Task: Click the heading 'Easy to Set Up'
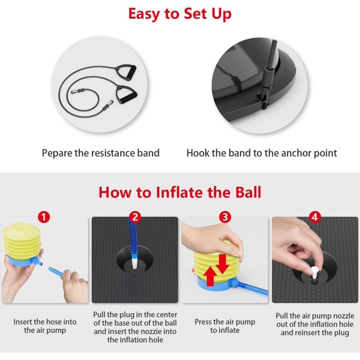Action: (x=179, y=13)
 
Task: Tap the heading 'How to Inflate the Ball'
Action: (x=179, y=191)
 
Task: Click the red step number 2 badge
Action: (x=134, y=218)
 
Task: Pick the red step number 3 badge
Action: (x=224, y=218)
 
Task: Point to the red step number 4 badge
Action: (x=314, y=218)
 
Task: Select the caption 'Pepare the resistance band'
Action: (x=101, y=152)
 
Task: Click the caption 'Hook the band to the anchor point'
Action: (x=261, y=152)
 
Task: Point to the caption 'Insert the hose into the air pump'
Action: (x=45, y=326)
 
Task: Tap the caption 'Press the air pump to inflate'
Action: (x=224, y=326)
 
